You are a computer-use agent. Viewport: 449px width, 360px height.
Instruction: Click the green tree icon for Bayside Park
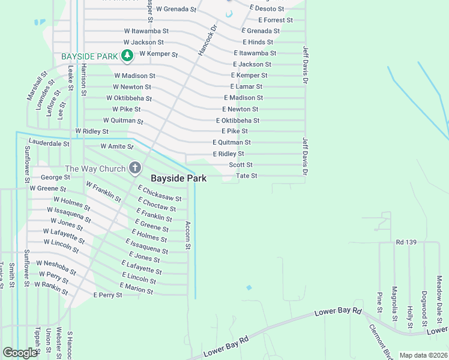coord(127,56)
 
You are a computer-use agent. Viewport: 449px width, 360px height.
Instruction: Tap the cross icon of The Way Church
coord(135,169)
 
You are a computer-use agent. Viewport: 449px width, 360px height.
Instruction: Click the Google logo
coord(20,353)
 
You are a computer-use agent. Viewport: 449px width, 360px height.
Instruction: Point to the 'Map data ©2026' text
coord(423,355)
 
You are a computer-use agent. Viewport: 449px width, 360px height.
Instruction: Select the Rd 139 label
coord(406,242)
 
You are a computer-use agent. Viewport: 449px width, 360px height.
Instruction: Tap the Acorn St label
coord(188,235)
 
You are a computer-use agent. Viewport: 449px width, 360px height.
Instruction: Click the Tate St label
coord(246,176)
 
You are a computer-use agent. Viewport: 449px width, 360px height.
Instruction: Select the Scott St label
coord(241,164)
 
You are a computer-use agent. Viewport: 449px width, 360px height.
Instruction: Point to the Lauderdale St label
coord(49,144)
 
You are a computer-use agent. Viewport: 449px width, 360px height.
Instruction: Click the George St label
coord(55,177)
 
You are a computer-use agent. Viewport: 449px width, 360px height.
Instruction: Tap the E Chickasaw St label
coord(160,194)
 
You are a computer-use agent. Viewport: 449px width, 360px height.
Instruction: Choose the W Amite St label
coord(116,146)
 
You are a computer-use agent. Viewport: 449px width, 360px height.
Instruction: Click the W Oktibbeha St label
coord(129,98)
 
